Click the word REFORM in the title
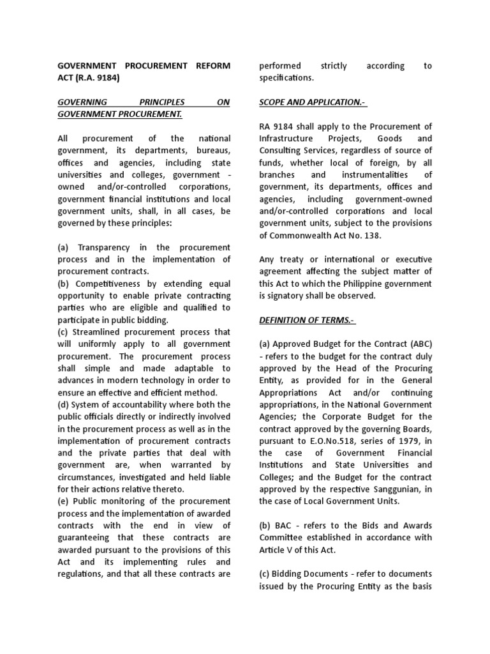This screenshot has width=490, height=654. pos(210,66)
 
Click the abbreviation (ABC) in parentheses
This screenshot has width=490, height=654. pos(417,344)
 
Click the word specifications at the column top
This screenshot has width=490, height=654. pos(286,78)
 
